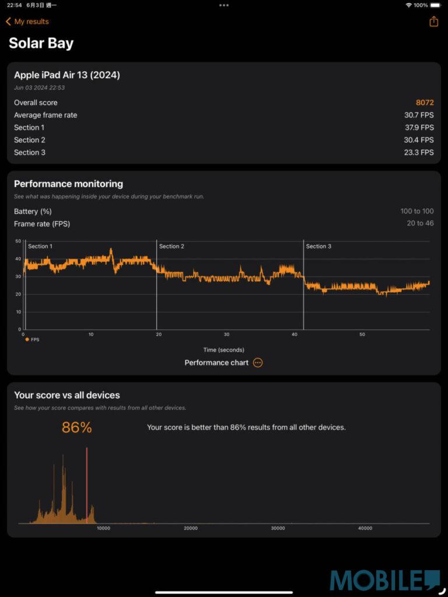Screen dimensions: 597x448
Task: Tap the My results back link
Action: coord(27,22)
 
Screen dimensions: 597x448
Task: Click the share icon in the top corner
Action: coord(433,22)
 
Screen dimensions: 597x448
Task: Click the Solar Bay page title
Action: coord(41,43)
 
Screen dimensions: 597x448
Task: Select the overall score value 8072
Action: coord(425,103)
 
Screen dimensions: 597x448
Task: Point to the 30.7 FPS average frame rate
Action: coord(419,115)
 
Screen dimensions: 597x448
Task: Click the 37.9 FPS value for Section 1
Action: coord(419,128)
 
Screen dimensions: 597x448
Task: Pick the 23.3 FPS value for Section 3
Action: coord(419,153)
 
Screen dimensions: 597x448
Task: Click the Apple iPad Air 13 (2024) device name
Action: coord(67,75)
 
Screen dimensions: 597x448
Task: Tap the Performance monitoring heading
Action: coord(68,184)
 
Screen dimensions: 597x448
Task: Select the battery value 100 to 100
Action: coord(417,212)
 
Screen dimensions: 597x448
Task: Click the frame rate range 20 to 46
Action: coord(420,224)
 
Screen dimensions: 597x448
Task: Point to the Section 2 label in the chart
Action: coord(171,247)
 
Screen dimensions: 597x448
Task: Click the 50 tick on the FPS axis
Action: coord(18,241)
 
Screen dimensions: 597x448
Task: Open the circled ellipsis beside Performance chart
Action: coord(258,363)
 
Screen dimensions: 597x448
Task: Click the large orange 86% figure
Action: coord(77,427)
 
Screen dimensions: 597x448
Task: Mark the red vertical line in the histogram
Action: coord(87,484)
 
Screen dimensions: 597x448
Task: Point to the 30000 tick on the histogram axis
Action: coord(278,528)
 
